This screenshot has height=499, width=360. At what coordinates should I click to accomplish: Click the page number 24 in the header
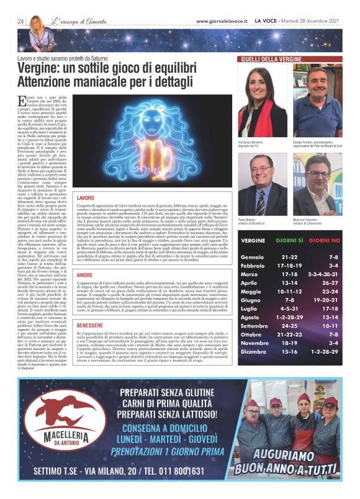(20, 22)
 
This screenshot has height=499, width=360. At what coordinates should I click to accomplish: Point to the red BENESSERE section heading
(89, 324)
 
